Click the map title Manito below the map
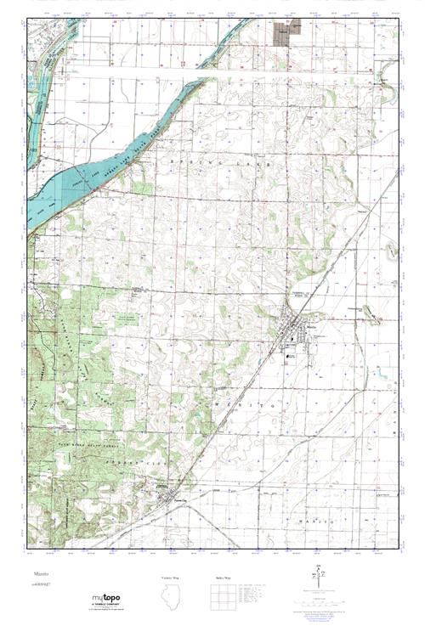pyautogui.click(x=40, y=575)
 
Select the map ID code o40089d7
pyautogui.click(x=41, y=584)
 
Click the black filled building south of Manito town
pyautogui.click(x=292, y=357)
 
